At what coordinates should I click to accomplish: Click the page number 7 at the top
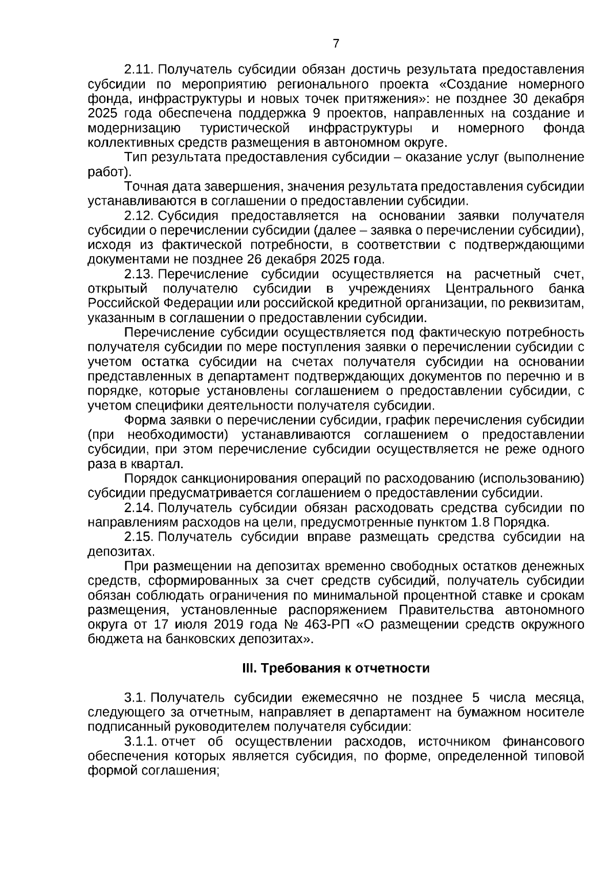click(x=336, y=44)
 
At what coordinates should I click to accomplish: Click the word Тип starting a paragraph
click(x=136, y=157)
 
